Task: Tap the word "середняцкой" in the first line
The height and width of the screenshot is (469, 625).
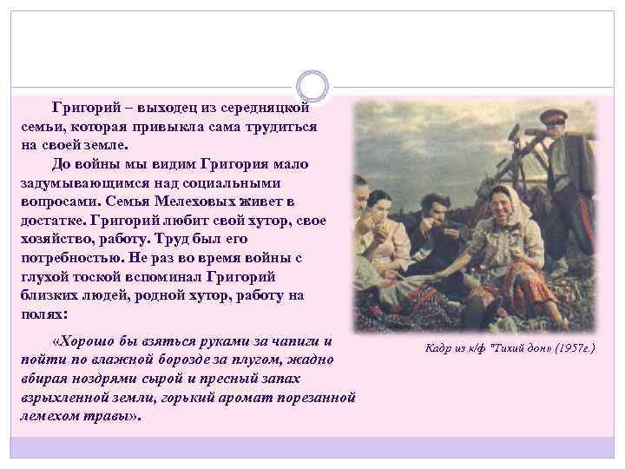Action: [x=268, y=108]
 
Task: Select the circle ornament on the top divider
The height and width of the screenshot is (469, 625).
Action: [x=312, y=86]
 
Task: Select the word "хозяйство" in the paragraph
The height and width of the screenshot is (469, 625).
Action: [x=55, y=239]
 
